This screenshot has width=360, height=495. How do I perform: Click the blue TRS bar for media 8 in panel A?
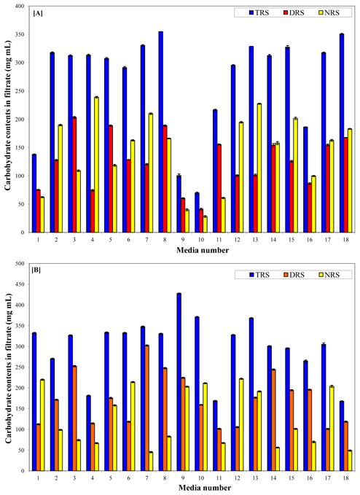tap(160, 132)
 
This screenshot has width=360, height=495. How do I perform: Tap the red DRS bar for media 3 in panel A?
tap(74, 175)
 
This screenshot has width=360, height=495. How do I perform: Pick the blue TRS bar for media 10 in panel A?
tap(197, 212)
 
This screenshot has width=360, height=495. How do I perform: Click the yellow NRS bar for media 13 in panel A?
tap(259, 168)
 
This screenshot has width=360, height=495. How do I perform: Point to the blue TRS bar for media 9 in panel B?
tap(179, 382)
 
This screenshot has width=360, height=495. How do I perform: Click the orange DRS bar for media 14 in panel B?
tap(273, 420)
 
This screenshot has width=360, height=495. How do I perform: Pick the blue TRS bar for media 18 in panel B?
tap(342, 436)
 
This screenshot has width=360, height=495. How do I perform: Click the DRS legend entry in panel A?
tap(294, 12)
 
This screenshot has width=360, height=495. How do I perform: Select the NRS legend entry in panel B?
tap(328, 275)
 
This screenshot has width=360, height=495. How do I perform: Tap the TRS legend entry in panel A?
tap(259, 12)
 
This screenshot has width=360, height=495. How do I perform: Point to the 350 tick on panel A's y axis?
tap(23, 34)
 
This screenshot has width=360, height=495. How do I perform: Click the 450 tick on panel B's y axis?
tap(23, 284)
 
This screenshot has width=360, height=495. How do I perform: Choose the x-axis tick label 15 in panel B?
tap(291, 478)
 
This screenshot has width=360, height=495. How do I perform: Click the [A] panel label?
tap(38, 13)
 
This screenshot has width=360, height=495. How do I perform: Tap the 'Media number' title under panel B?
tap(205, 488)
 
